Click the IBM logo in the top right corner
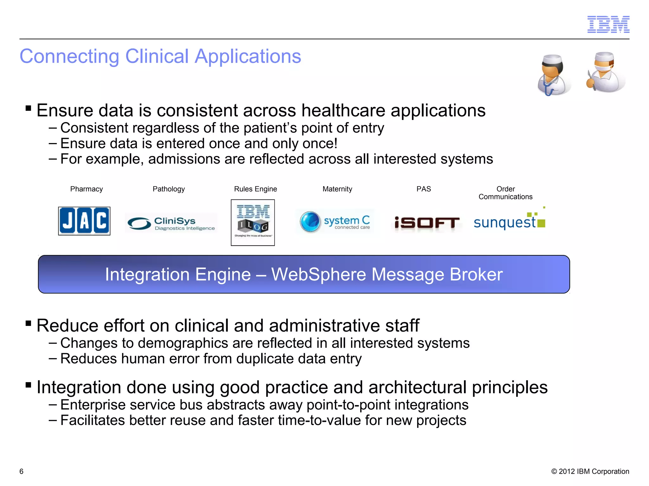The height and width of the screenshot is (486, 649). coord(608,24)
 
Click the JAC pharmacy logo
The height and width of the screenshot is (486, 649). coord(84,221)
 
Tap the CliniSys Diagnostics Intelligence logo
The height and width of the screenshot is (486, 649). coord(171,223)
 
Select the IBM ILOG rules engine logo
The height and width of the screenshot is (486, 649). coord(253,222)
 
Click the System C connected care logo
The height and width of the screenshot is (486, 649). coord(335,221)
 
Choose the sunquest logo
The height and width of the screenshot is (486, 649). coord(509,221)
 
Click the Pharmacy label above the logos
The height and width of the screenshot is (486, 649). coord(87,189)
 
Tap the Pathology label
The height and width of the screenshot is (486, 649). coord(169,189)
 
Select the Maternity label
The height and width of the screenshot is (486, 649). coord(337,189)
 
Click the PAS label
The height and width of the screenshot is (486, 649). coord(423,189)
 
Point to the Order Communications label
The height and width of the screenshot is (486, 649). coord(505,193)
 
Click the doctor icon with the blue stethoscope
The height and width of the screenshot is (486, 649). coord(553,75)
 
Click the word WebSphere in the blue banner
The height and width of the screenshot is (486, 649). coord(318,274)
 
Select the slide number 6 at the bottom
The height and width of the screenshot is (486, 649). coord(22,471)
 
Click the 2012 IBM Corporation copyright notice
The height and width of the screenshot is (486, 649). coord(590,471)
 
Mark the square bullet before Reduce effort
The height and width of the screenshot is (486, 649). coord(29,323)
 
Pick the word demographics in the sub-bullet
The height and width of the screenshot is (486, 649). coord(183,343)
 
